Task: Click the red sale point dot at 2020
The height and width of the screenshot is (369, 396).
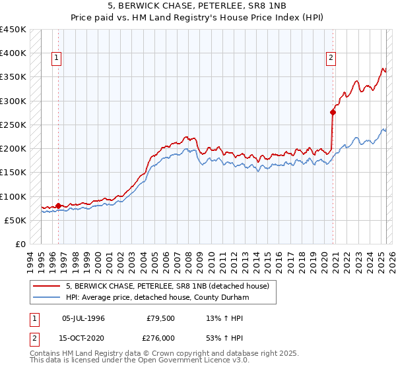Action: (333, 113)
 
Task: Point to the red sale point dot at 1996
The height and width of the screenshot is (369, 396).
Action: (58, 206)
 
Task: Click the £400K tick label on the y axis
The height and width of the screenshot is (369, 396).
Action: (13, 53)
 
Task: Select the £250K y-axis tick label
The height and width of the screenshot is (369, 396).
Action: (13, 125)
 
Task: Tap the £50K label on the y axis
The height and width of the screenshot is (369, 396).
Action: (16, 220)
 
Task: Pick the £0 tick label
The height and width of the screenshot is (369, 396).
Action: (20, 244)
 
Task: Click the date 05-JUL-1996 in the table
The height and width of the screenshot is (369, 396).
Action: (83, 318)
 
